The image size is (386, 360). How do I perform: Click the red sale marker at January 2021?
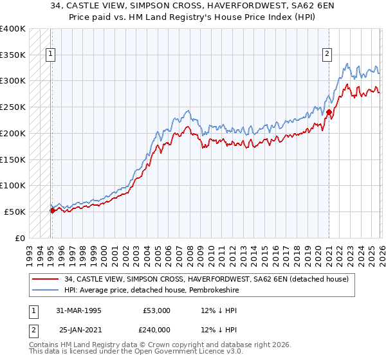click(x=329, y=112)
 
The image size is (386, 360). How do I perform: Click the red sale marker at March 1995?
click(x=52, y=210)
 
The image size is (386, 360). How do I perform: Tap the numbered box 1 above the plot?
click(x=50, y=55)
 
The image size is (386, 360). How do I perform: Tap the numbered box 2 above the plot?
click(x=327, y=55)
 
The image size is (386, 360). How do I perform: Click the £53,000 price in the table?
click(x=156, y=310)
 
